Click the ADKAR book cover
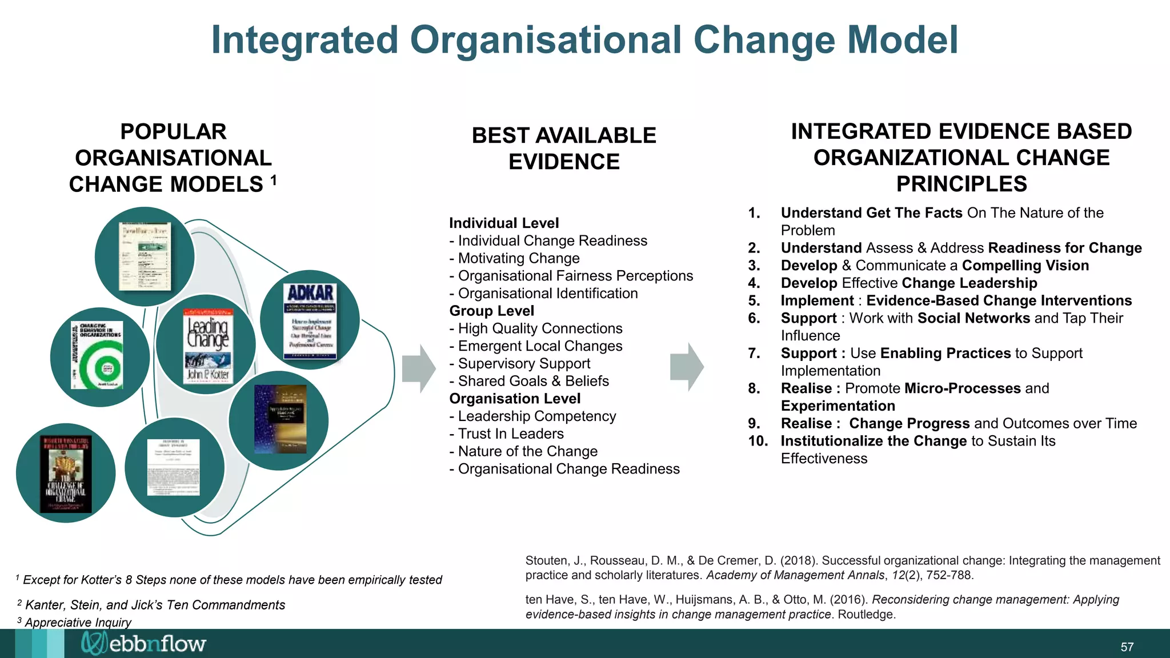[x=310, y=320]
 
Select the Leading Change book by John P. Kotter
[x=208, y=345]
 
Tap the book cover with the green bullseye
[x=97, y=355]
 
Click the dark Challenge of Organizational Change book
[x=66, y=474]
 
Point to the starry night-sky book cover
[x=280, y=419]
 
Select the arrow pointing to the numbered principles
[x=687, y=367]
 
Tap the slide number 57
[x=1127, y=647]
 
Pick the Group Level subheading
[x=491, y=311]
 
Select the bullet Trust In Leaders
[x=510, y=434]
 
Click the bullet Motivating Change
[x=518, y=258]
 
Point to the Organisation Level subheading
[x=514, y=399]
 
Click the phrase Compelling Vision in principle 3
[x=1025, y=266]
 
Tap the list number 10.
[x=758, y=441]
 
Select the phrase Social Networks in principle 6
[x=973, y=318]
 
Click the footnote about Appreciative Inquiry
[x=78, y=622]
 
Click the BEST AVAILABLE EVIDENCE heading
[x=564, y=149]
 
